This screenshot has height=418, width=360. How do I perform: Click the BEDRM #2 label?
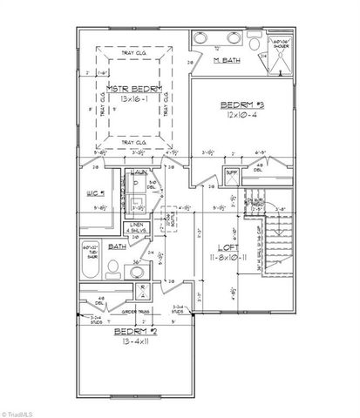[x=131, y=334]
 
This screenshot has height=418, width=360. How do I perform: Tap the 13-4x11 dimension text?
[x=132, y=345]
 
